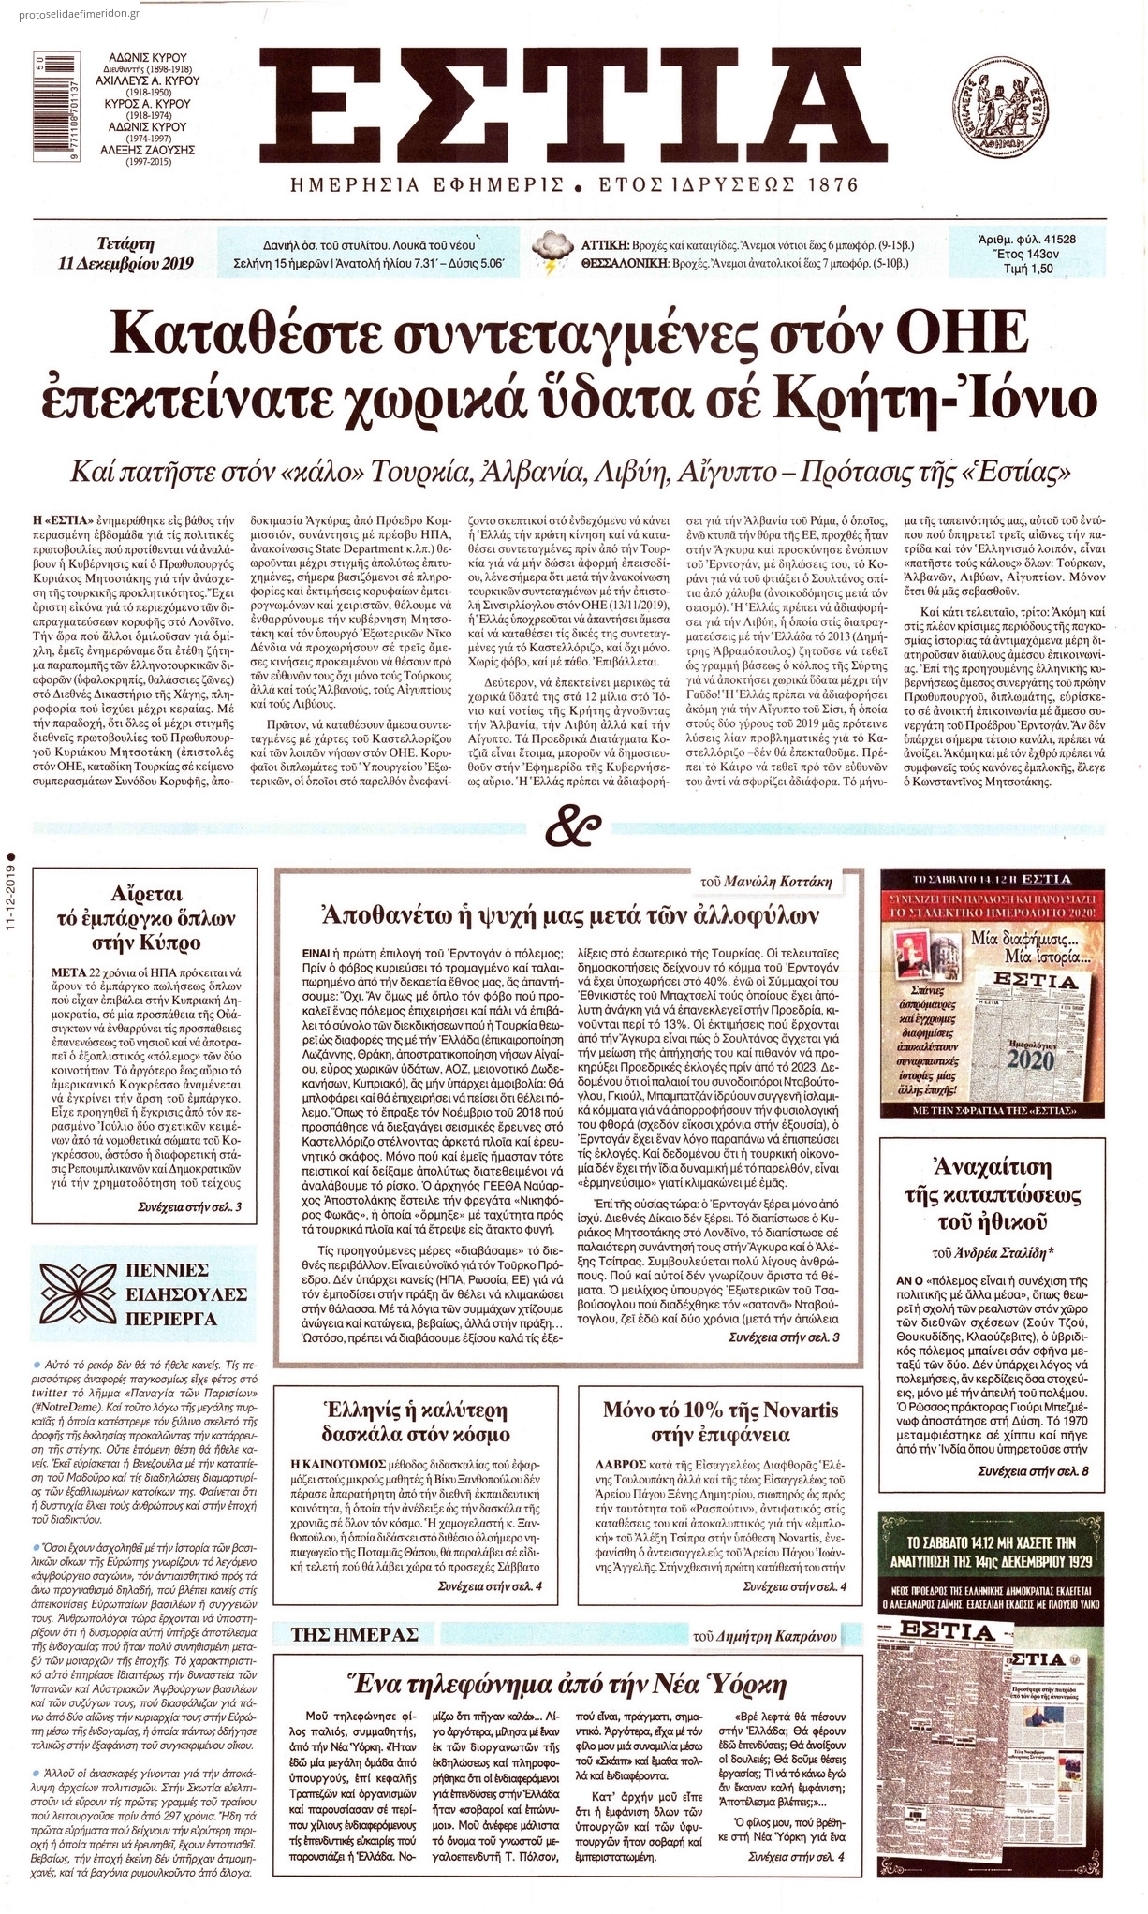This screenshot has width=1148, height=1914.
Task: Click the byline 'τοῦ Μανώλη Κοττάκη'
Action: coord(773,883)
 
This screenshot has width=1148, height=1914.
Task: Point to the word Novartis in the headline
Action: coord(784,1410)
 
